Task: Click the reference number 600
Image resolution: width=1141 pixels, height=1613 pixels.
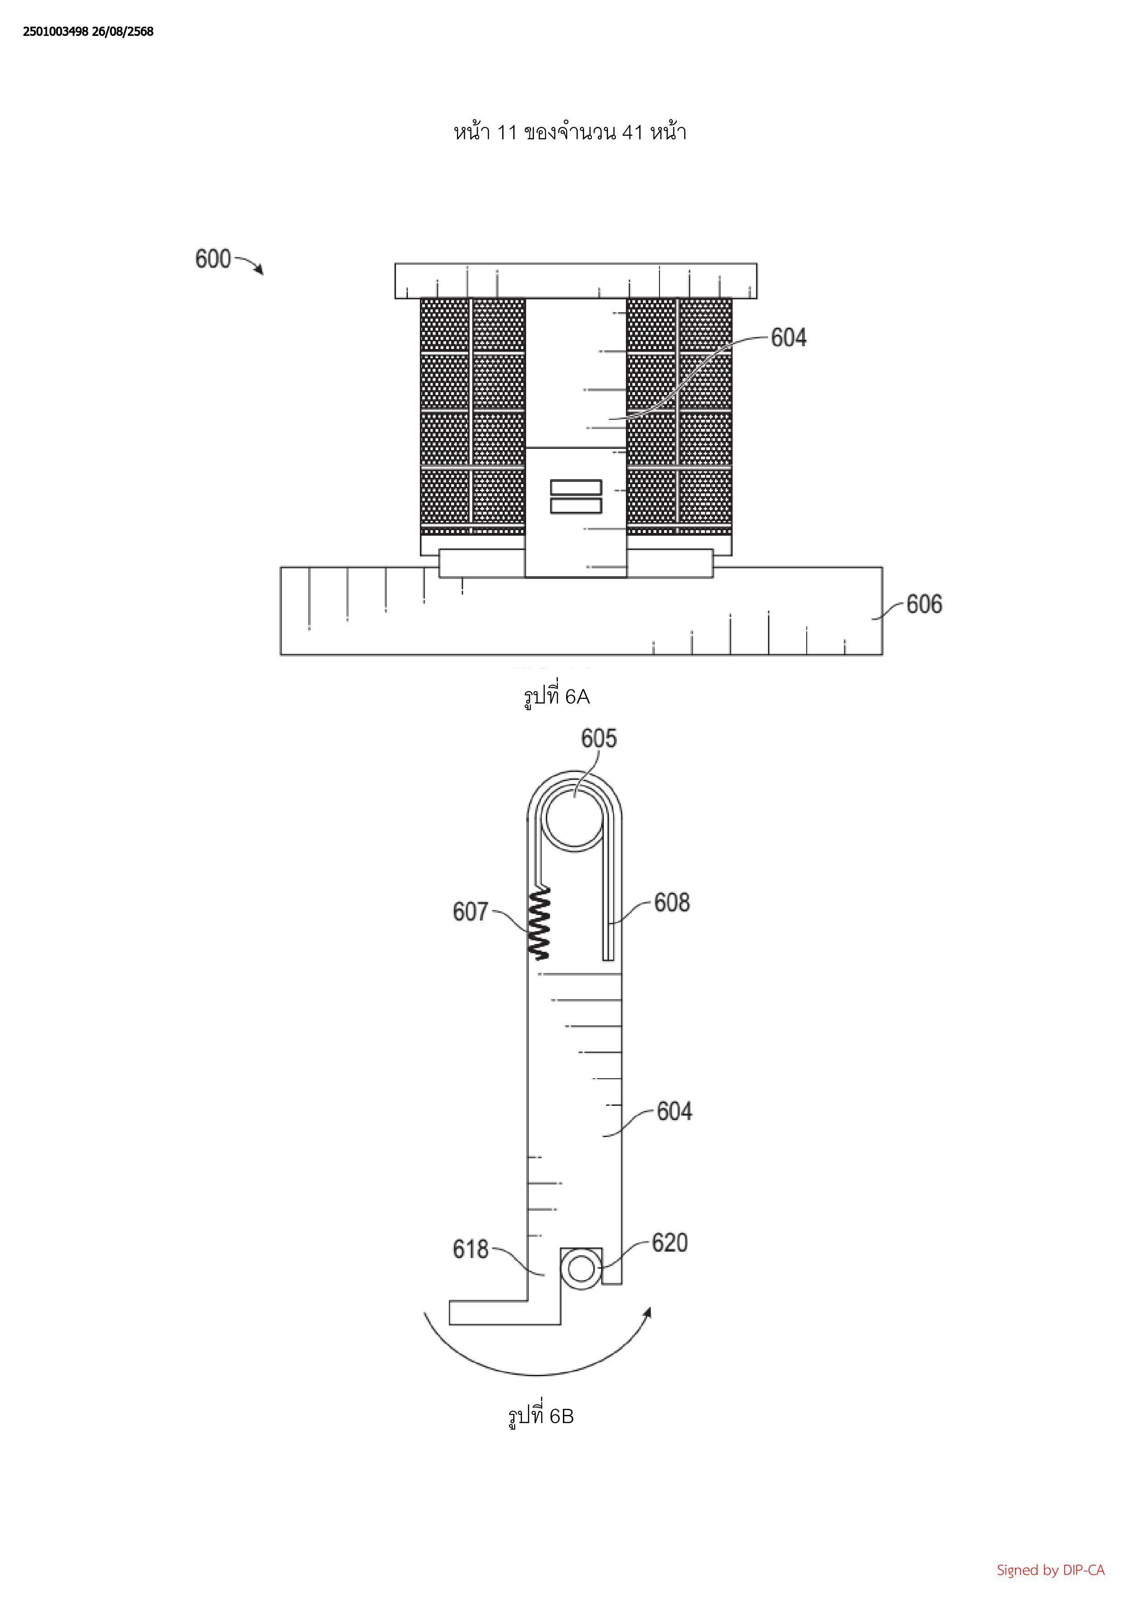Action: (213, 259)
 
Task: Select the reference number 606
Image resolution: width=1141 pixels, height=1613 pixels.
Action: (924, 604)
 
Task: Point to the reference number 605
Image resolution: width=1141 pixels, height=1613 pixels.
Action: (599, 738)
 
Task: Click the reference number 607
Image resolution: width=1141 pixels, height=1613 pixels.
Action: (470, 912)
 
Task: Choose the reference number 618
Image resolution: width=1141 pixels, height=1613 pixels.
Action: (470, 1249)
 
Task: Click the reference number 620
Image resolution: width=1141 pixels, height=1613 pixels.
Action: (670, 1243)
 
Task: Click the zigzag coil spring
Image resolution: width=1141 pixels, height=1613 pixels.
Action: (539, 922)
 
